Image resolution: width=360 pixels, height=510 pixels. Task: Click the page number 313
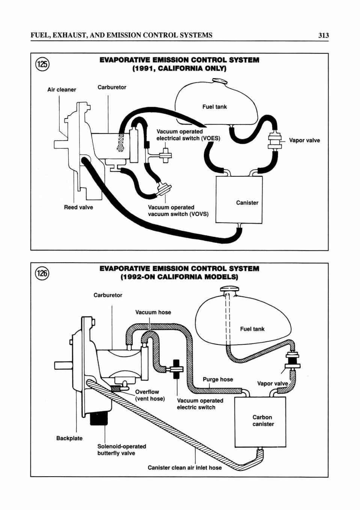(x=323, y=35)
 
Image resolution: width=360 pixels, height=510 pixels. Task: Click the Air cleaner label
(x=62, y=90)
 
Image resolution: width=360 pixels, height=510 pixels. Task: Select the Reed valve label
(x=78, y=207)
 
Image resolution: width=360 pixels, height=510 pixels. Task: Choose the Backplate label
(x=69, y=438)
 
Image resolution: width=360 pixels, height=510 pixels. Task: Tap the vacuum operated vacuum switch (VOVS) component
(x=164, y=188)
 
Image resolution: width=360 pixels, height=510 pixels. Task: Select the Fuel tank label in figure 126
(x=252, y=329)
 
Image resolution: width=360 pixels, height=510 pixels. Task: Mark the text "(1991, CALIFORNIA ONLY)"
(x=179, y=68)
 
